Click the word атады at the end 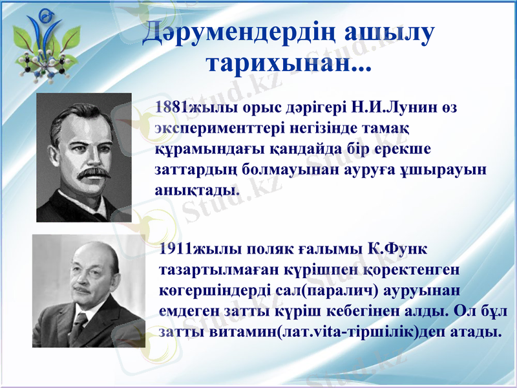coord(476,332)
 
